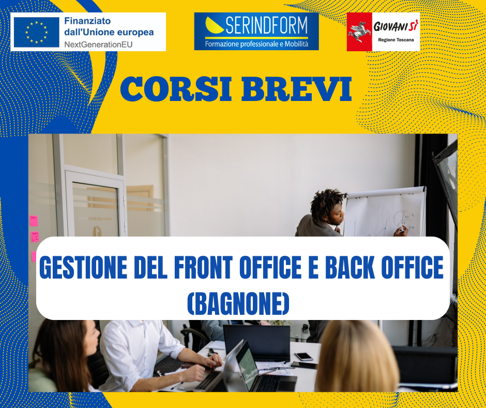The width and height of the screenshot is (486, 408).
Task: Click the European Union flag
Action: coord(37,32)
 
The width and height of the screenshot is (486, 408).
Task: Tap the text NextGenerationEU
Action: coord(98,45)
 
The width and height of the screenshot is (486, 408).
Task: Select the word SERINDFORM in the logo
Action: coord(267,25)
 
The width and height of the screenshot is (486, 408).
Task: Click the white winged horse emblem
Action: coord(359,32)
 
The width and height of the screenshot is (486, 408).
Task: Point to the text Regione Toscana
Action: coord(396,40)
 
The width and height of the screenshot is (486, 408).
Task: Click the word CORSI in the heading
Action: coord(176,89)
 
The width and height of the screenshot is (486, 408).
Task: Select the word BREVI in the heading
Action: coord(296,89)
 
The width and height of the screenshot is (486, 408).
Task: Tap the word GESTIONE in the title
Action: coord(83,267)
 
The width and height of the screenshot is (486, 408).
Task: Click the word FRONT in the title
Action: coord(203,267)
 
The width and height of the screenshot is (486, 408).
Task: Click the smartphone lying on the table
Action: coord(304,356)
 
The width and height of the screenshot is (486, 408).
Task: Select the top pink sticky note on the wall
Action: coord(34,221)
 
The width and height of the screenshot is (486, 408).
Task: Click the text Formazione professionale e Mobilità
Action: coord(256,44)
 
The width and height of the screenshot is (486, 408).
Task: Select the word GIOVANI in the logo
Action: coord(390,27)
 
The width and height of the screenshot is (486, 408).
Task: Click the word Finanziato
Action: coord(87,21)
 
